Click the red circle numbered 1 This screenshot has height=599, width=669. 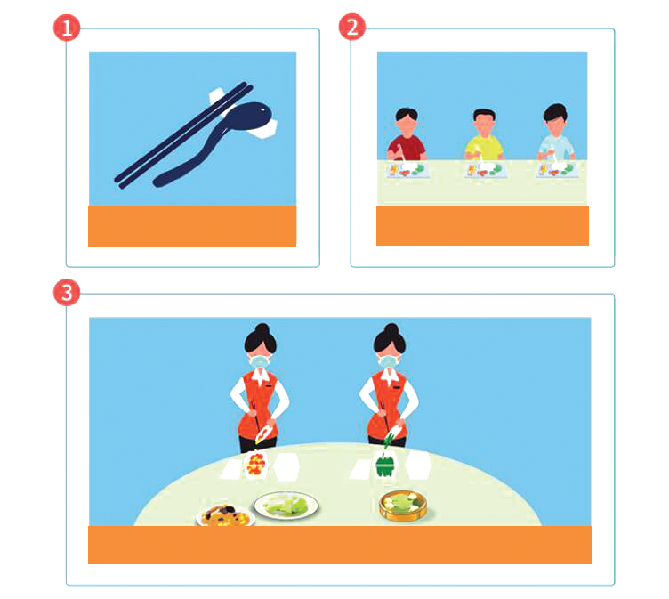(x=67, y=28)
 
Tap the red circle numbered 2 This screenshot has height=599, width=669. (x=352, y=27)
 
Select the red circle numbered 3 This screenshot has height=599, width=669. (x=67, y=293)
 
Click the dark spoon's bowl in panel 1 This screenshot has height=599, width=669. (x=249, y=116)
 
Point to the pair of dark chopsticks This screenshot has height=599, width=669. (x=183, y=135)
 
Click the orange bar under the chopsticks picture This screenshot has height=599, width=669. (x=192, y=226)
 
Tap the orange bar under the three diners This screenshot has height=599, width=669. (x=482, y=226)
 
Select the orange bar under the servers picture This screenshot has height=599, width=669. (x=340, y=545)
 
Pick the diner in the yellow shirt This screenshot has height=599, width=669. (x=484, y=135)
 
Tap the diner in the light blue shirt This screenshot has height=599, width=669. (x=556, y=133)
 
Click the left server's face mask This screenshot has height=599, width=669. (x=260, y=361)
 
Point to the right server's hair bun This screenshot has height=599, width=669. (x=391, y=329)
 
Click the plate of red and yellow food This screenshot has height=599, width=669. (x=256, y=465)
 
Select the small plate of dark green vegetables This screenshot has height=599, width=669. (x=386, y=465)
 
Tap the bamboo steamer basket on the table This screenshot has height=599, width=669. (x=403, y=506)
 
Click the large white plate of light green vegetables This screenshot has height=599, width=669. (x=286, y=506)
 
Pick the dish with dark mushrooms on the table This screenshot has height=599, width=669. (x=225, y=515)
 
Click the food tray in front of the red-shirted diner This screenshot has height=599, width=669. (x=407, y=170)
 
